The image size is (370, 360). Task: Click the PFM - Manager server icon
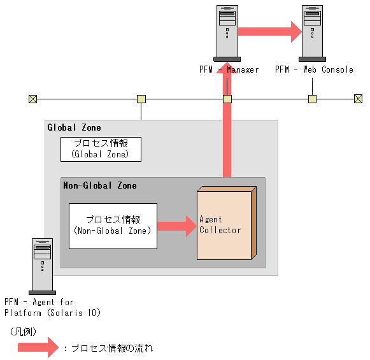tap(227, 32)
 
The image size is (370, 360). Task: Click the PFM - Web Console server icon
tap(312, 32)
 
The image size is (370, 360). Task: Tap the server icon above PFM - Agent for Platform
tap(43, 264)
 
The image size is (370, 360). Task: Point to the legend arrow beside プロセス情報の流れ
tap(38, 348)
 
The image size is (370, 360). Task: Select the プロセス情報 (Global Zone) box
tap(101, 149)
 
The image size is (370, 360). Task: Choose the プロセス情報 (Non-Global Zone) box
tap(113, 225)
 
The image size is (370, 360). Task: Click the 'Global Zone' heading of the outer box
tap(74, 128)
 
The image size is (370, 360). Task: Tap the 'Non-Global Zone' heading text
tap(99, 185)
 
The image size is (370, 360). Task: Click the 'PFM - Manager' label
tap(229, 69)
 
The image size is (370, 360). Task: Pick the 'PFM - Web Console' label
tap(314, 69)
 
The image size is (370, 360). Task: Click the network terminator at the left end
tap(32, 99)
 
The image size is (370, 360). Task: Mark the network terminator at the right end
tap(358, 99)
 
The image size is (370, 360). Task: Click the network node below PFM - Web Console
tap(312, 99)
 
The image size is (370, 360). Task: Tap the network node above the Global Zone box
tap(141, 99)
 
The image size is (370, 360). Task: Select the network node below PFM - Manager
tap(227, 99)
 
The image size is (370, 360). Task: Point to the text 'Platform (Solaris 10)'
tap(53, 313)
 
